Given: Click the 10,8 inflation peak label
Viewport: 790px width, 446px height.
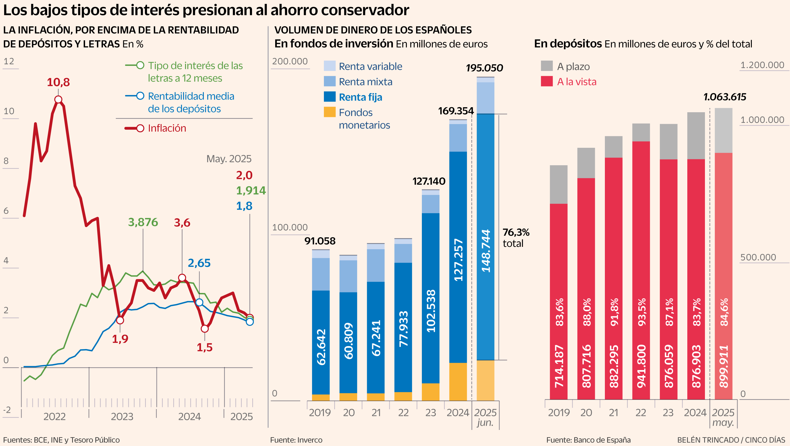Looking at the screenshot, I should point(58,82).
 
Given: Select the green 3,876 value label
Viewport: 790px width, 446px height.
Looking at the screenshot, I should point(143,222).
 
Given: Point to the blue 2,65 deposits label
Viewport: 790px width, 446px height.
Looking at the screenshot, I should point(199,263).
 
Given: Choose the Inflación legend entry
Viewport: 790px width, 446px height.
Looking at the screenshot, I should point(167,128).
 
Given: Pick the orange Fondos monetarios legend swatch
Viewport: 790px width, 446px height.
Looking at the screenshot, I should point(329,112).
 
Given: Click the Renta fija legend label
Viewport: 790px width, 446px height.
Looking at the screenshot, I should point(360,97).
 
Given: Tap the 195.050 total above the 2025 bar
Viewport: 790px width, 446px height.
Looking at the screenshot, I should point(484,68).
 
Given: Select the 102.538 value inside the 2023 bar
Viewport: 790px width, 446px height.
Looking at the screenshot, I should point(431,311).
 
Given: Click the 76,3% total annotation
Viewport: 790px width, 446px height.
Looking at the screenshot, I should point(516,238).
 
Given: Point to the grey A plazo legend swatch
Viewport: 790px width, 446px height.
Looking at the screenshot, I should point(546,66).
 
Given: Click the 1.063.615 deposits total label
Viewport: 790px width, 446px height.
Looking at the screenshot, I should point(724,97).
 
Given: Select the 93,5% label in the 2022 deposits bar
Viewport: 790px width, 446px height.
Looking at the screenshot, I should point(641,312).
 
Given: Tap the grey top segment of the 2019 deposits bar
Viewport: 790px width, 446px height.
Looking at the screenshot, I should point(559,184).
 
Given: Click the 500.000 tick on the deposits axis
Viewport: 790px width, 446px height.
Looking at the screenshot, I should point(758,257).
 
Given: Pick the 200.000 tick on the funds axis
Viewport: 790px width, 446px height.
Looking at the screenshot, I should point(290,61).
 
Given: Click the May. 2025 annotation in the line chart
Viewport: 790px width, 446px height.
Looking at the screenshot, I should point(229,159).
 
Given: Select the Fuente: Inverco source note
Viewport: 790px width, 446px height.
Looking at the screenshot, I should point(296,440).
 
